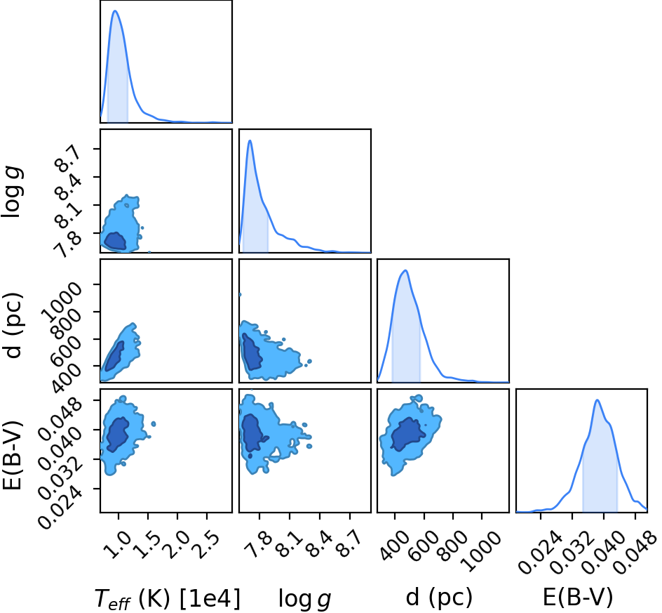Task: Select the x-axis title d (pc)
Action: [x=439, y=597]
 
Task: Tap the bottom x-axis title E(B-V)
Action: [x=577, y=597]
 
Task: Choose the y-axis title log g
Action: [x=12, y=192]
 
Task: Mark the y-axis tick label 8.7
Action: [x=67, y=157]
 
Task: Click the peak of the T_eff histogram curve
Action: [x=115, y=11]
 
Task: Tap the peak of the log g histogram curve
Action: [x=250, y=140]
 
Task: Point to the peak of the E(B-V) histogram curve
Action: [x=597, y=400]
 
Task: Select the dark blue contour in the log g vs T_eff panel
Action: [x=115, y=242]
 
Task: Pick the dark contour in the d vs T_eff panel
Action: [x=114, y=357]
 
